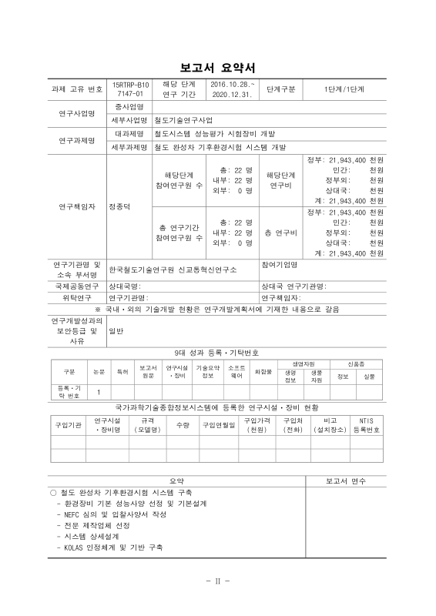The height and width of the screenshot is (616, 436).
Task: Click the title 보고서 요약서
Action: (x=217, y=67)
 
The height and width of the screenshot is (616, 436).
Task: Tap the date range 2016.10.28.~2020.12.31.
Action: (x=233, y=89)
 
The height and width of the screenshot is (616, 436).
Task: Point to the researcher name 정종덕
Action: (x=120, y=207)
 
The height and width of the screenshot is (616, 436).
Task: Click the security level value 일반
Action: (x=116, y=331)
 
